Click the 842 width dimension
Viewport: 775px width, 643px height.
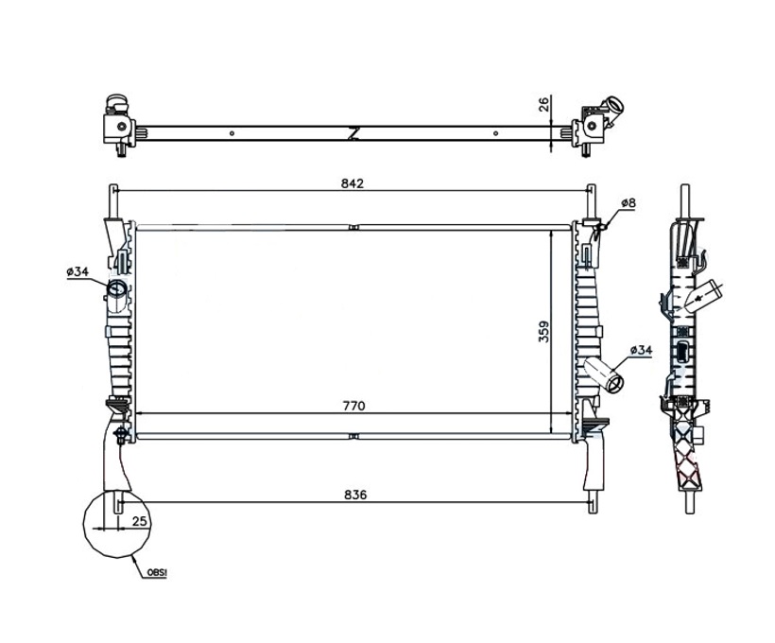click(x=353, y=183)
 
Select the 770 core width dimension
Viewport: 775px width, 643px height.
click(x=353, y=406)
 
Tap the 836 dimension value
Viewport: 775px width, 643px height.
click(x=355, y=495)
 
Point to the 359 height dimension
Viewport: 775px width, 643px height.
click(x=543, y=332)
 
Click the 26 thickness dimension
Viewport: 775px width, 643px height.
click(x=543, y=104)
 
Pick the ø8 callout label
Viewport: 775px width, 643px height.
click(x=629, y=202)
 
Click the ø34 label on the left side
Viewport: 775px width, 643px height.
click(x=77, y=271)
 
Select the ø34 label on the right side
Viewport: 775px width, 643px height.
click(x=641, y=350)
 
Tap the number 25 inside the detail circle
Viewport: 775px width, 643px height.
click(x=140, y=520)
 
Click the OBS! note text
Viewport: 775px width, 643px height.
click(x=157, y=573)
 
